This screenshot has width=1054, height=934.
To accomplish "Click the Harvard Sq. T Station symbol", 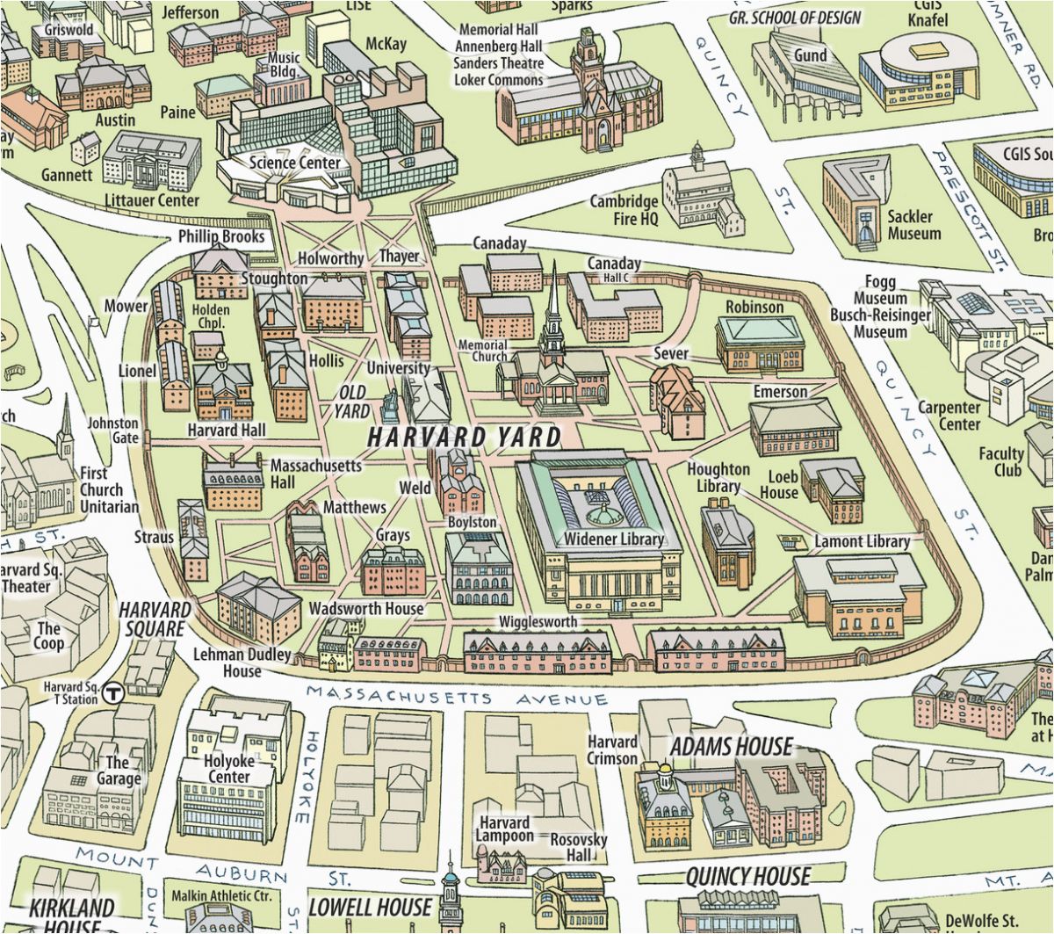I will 112,693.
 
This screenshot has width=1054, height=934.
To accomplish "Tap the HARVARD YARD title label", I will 464,437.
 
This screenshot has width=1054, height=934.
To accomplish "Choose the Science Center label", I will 294,163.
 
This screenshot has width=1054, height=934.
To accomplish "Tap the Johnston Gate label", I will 112,431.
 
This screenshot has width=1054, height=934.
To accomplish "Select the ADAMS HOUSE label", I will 731,747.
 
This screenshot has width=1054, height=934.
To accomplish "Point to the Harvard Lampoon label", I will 504,829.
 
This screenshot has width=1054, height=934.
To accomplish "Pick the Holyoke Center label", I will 227,769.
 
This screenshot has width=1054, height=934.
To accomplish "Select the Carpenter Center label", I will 949,416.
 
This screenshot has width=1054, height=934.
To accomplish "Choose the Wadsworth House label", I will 365,608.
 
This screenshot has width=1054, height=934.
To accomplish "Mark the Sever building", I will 677,400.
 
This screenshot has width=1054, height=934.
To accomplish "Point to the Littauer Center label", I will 153,200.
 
